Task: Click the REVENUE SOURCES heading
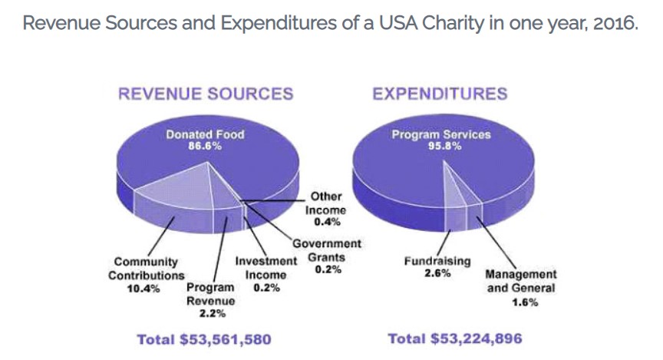point(205,94)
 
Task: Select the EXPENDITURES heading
point(439,94)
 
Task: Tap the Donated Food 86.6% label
point(205,140)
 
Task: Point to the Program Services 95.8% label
point(441,140)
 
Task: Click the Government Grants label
point(330,250)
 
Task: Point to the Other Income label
point(326,203)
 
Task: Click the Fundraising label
point(437,261)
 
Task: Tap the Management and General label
point(522,281)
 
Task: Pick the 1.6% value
point(523,302)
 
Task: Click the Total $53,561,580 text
point(203,339)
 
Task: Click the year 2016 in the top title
point(616,22)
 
